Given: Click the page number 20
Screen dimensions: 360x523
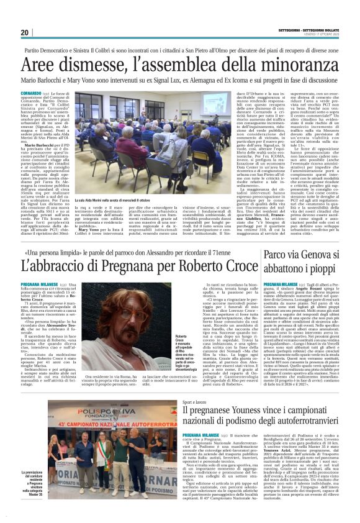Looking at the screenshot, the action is pyautogui.click(x=24, y=32).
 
